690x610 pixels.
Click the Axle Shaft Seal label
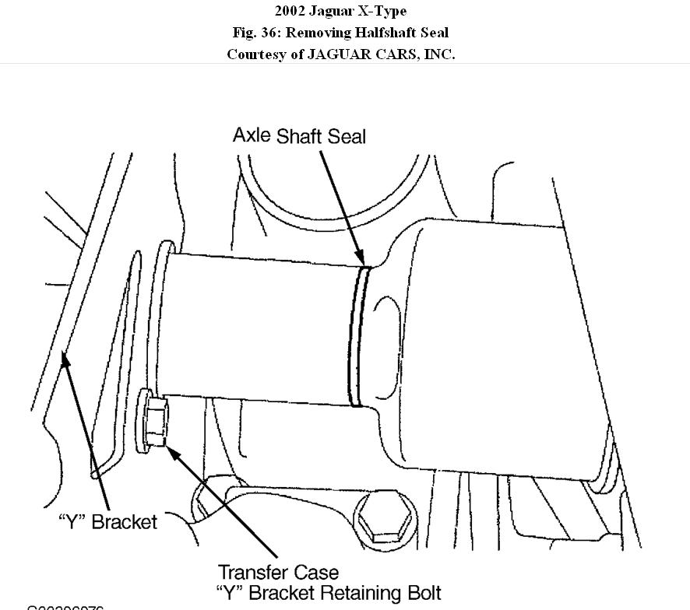299,135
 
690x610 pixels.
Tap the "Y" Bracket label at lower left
107,521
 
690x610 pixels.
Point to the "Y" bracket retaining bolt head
153,421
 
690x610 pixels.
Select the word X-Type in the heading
382,11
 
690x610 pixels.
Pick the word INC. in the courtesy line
438,54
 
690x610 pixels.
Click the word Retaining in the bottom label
352,594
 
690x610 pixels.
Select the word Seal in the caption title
435,33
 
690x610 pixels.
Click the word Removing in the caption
321,33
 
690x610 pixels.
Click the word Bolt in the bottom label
421,593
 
